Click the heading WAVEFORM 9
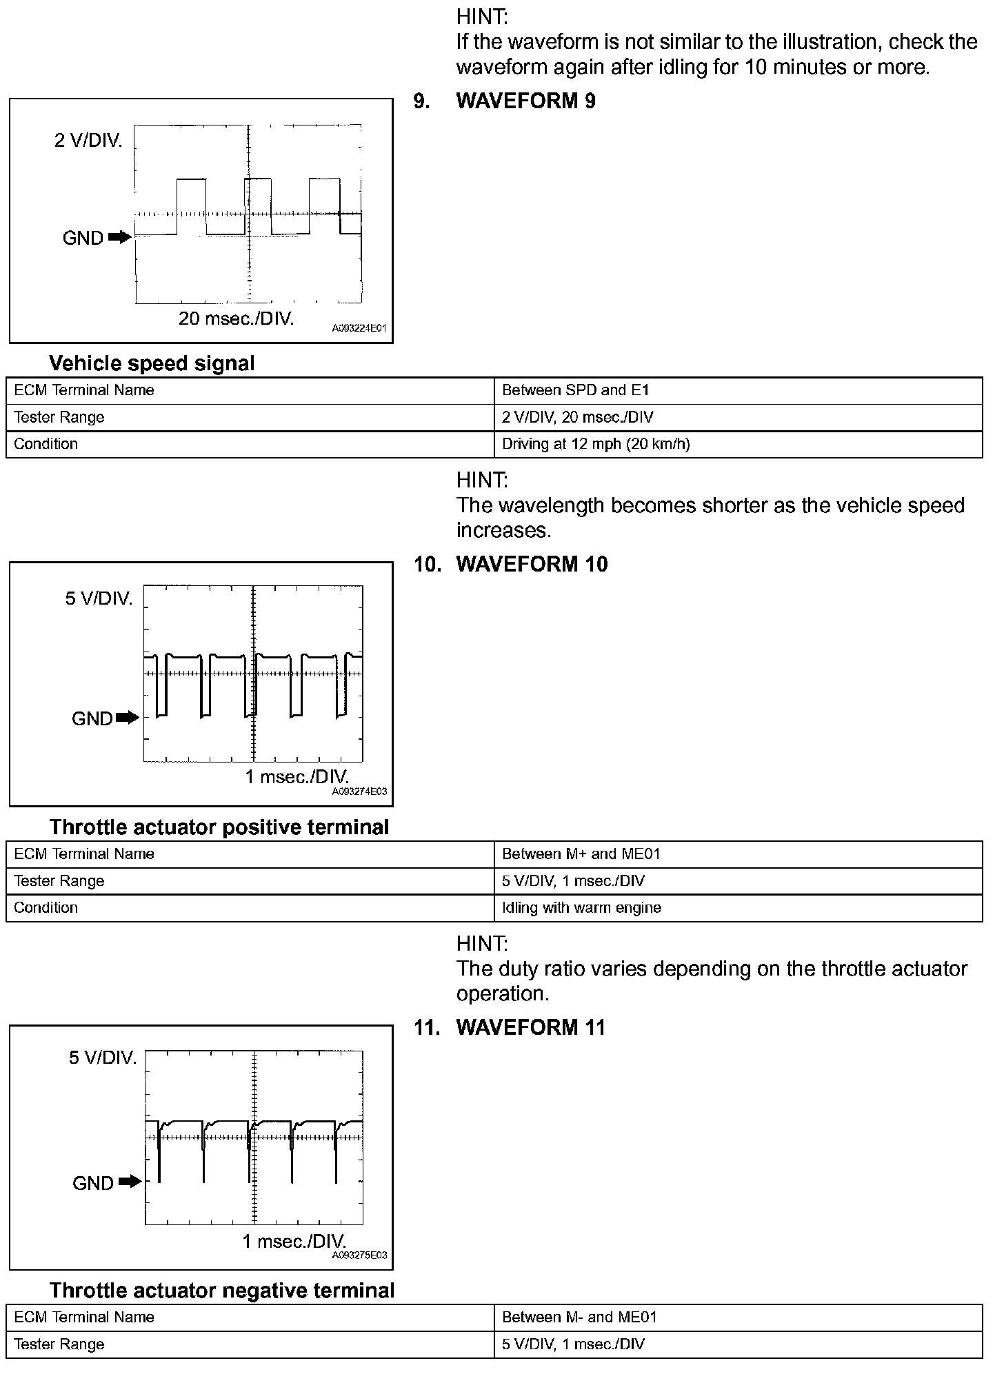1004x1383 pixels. (525, 101)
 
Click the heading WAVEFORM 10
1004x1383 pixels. (532, 565)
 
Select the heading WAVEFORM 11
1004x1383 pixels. (530, 1028)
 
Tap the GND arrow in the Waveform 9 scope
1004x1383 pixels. (120, 238)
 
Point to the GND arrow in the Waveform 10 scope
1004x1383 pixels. (128, 718)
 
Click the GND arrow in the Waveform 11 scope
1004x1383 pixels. (130, 1182)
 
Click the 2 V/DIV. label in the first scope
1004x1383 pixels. (88, 141)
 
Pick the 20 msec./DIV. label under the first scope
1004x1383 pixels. (236, 319)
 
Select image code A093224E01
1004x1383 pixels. (359, 329)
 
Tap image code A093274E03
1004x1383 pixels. (359, 792)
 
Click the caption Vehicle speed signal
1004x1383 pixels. (152, 363)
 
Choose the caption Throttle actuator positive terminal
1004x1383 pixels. (219, 827)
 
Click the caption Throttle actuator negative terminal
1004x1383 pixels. (222, 1291)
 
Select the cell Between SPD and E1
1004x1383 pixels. (576, 390)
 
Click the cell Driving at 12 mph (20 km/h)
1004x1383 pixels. (596, 444)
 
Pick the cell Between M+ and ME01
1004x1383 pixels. (581, 854)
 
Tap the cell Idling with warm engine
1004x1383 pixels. (581, 908)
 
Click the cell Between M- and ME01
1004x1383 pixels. (579, 1318)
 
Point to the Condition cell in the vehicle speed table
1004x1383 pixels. (46, 444)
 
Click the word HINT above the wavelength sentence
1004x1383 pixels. (482, 480)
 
